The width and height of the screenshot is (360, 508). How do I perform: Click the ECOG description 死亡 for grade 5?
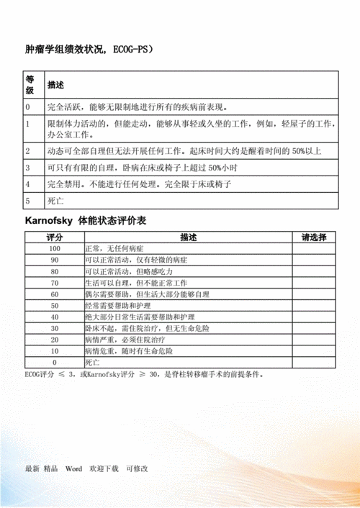(55, 200)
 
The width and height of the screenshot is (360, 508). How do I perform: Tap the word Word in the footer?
(75, 468)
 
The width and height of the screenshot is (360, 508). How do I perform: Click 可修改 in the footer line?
(137, 468)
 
